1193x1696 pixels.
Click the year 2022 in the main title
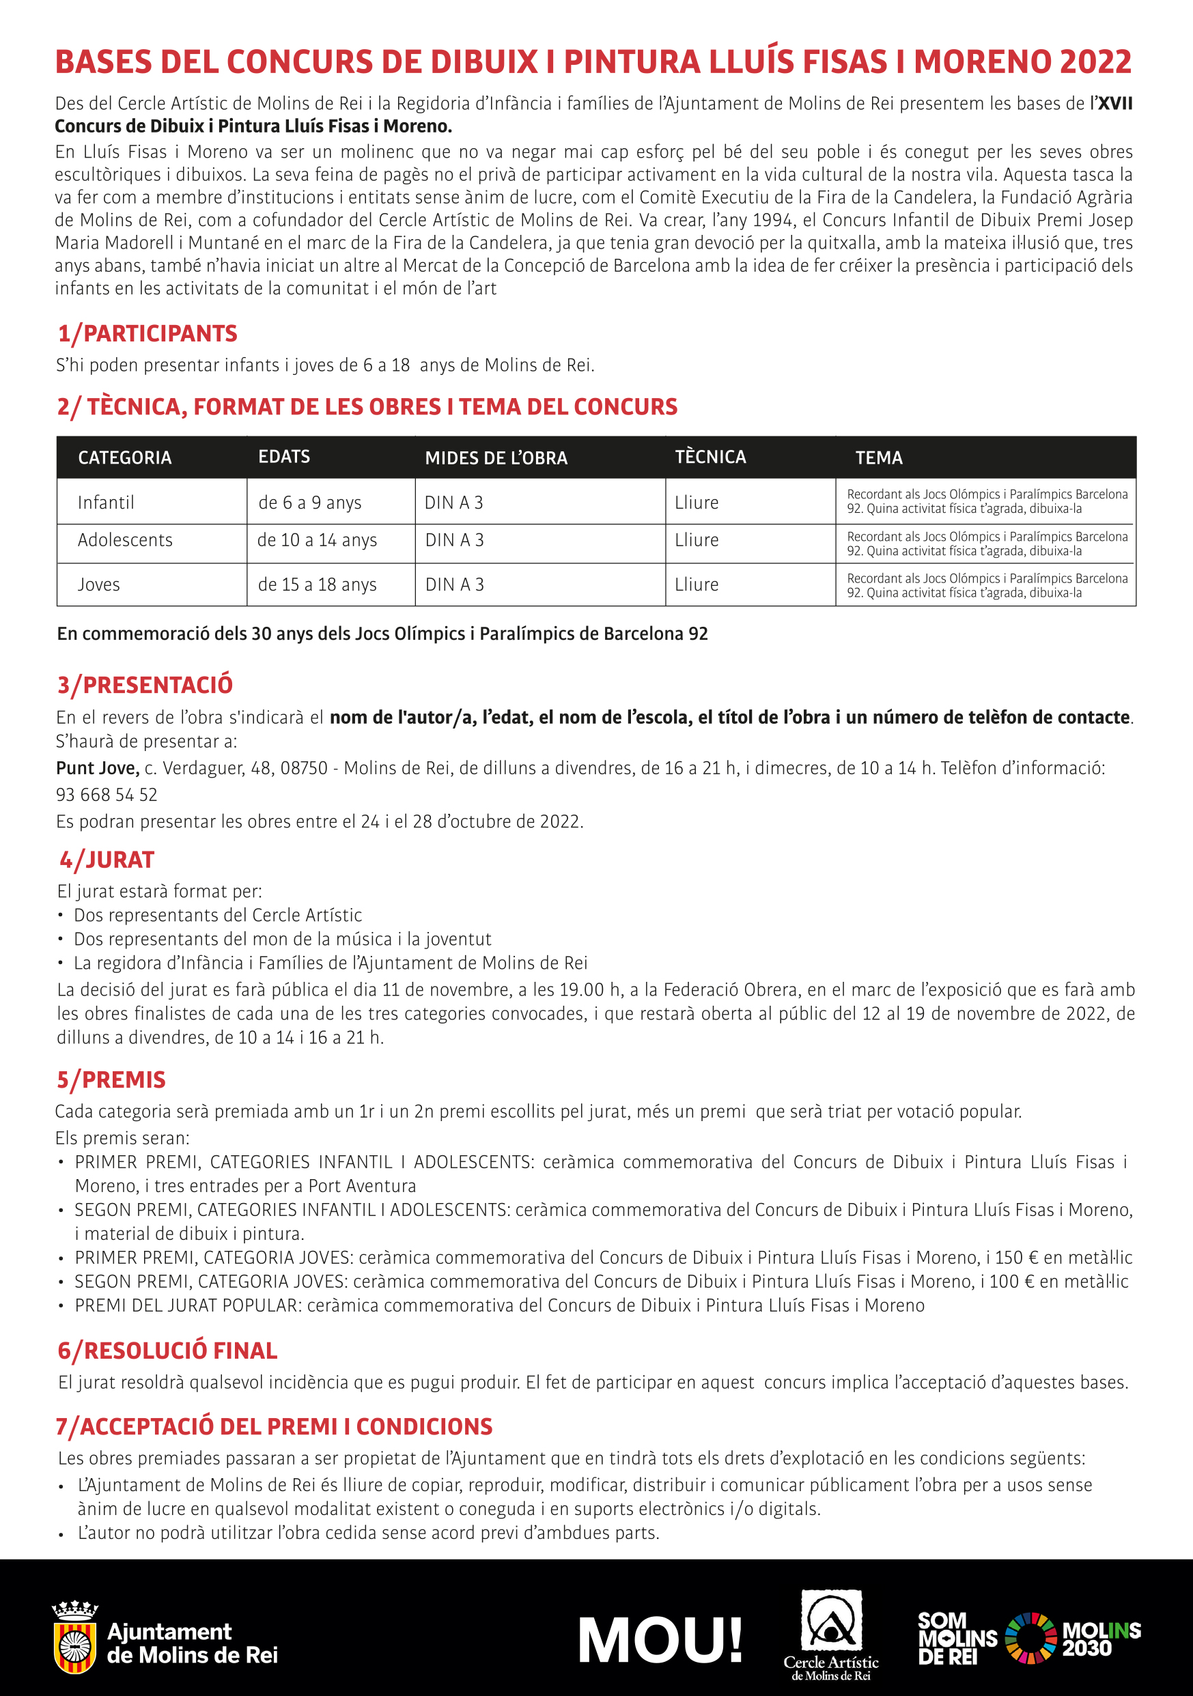point(1095,62)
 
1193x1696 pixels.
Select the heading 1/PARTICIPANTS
point(148,333)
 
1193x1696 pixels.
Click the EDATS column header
point(283,457)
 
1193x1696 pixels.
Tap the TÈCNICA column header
point(710,457)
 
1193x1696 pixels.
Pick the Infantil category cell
point(106,503)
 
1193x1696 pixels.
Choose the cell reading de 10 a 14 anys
point(317,540)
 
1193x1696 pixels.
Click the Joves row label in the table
point(98,584)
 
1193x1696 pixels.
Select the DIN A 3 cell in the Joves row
point(454,584)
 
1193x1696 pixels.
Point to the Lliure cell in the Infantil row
point(696,503)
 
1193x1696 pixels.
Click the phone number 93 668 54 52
point(107,795)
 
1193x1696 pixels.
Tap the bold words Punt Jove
point(98,768)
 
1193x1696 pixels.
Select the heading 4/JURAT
point(107,860)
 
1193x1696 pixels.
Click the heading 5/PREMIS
point(111,1079)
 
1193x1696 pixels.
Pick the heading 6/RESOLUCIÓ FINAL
point(168,1351)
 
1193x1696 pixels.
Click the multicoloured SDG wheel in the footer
point(1031,1638)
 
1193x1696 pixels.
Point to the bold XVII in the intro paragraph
point(1114,103)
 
